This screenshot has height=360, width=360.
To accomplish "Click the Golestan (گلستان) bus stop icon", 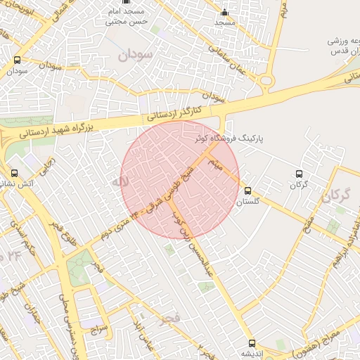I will pyautogui.click(x=247, y=191).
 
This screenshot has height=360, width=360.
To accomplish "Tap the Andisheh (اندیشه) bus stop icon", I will pyautogui.click(x=252, y=343).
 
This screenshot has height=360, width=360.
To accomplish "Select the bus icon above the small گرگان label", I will pyautogui.click(x=300, y=174).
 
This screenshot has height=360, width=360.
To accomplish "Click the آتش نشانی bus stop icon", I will pyautogui.click(x=14, y=172).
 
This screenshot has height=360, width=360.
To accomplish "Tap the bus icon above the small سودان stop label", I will pyautogui.click(x=17, y=60).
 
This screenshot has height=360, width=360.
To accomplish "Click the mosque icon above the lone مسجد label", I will pyautogui.click(x=225, y=12).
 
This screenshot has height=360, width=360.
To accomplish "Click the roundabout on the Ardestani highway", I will pyautogui.click(x=266, y=82).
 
